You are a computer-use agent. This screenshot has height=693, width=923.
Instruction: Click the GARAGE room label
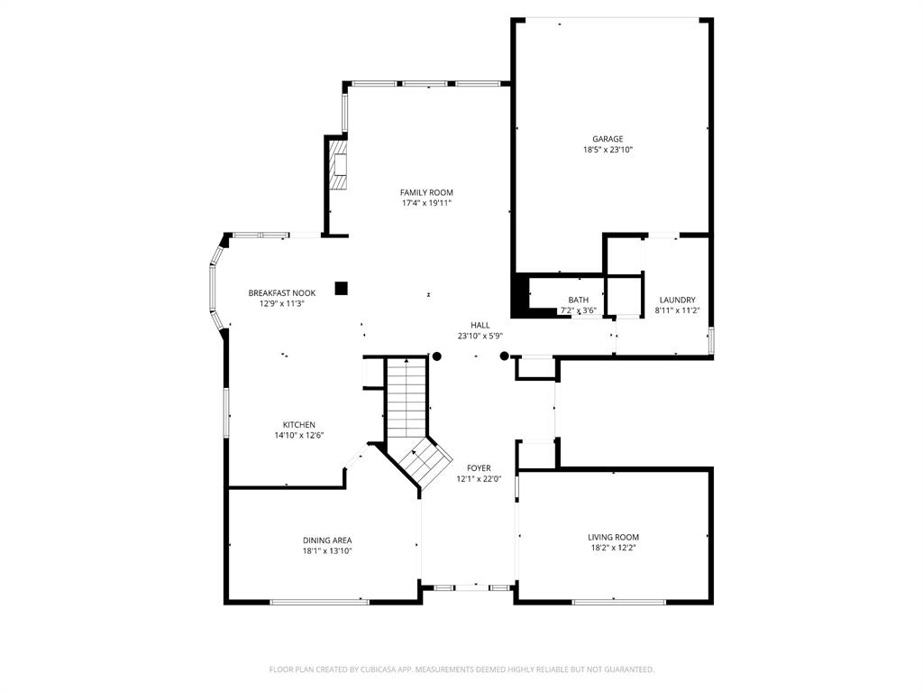pos(608,139)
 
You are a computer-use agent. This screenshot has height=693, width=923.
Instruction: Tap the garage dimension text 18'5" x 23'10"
pos(608,151)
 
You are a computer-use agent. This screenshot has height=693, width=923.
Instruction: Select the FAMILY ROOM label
pos(426,192)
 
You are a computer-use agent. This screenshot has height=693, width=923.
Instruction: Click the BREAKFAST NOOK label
pos(282,293)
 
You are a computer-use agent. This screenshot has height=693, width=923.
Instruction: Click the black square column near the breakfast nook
pos(341,289)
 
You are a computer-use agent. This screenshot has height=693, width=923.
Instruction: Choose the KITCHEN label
pos(299,425)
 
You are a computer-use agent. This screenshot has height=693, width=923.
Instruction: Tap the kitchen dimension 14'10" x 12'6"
pos(299,436)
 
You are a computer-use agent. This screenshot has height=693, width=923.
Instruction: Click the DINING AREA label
pos(327,541)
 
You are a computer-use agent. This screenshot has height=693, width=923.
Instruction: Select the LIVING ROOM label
pos(613,538)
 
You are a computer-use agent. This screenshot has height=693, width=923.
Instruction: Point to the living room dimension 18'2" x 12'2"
pos(613,549)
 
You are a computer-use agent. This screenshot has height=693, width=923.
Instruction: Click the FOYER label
pos(479,468)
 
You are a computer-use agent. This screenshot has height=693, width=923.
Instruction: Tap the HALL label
pos(480,325)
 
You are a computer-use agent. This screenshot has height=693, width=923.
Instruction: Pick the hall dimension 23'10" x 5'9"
pos(480,336)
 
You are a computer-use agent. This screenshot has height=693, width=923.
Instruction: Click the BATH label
pos(578,300)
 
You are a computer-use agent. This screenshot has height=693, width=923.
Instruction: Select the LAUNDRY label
pos(677,300)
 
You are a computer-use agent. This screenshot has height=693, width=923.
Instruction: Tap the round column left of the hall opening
pos(437,356)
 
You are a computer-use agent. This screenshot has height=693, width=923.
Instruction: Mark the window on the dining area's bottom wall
pos(319,601)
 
